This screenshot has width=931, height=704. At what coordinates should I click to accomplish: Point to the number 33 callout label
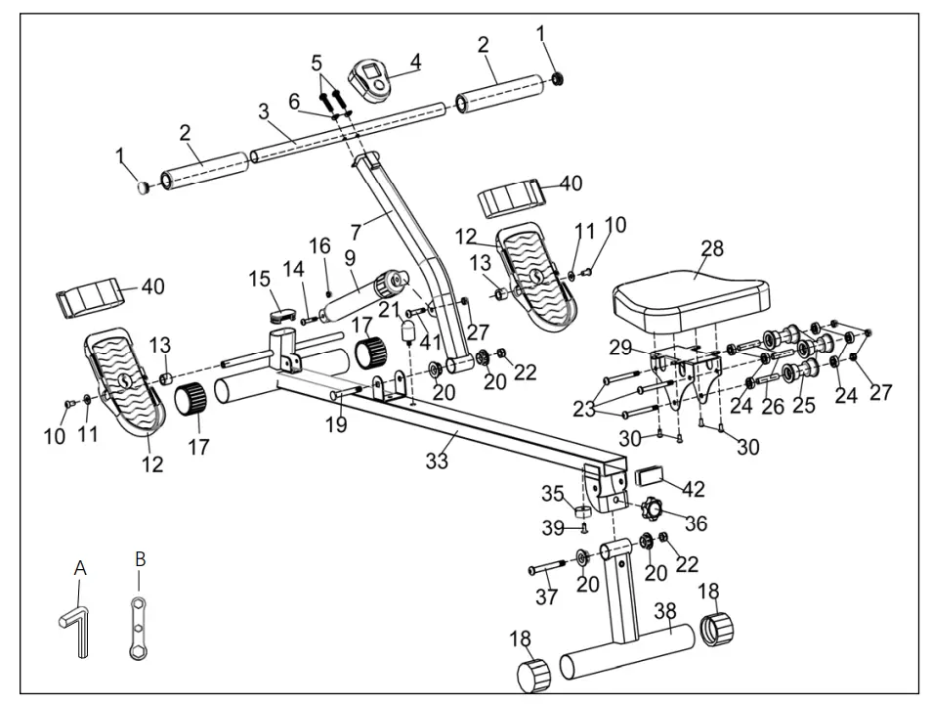click(437, 461)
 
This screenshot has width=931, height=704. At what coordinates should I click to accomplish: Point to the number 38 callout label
click(664, 611)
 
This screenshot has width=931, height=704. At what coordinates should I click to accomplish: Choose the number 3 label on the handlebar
click(264, 111)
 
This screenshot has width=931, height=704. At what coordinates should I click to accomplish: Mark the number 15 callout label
click(260, 279)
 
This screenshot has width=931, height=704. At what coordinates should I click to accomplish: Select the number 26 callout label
click(773, 405)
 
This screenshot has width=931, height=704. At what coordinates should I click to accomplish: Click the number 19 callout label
click(335, 425)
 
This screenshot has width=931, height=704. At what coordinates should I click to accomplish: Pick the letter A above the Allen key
click(81, 567)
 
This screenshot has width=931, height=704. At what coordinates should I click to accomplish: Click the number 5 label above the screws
click(316, 64)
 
